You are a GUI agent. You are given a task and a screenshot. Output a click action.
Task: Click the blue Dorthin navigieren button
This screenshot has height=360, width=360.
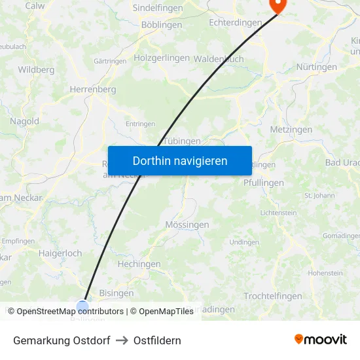tap(180, 160)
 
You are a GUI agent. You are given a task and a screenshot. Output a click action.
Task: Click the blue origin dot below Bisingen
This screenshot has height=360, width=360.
tap(82, 306)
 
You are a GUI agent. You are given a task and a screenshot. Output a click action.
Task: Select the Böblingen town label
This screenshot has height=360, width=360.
tap(162, 25)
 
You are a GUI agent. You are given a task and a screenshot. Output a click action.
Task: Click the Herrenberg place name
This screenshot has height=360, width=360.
tap(92, 89)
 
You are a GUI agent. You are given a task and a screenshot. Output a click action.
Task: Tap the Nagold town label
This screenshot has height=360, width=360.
tap(24, 121)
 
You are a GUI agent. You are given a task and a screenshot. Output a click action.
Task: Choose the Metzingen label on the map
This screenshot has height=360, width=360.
tap(291, 130)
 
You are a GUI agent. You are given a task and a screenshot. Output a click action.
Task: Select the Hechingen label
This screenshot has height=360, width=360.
tap(139, 264)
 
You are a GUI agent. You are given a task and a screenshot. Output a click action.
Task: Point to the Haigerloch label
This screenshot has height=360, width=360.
tap(60, 253)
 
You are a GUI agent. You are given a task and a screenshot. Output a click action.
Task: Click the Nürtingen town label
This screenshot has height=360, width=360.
tap(317, 67)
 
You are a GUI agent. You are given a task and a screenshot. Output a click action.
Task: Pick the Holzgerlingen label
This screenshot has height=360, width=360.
tap(161, 58)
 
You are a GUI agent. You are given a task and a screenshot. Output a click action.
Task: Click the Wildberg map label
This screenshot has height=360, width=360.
tap(36, 69)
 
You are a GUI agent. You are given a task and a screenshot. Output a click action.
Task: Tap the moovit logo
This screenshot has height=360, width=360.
tap(320, 339)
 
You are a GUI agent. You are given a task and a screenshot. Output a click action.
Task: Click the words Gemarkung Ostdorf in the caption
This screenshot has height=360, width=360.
tap(62, 340)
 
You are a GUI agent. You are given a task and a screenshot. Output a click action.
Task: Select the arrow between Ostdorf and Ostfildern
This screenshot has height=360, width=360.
tap(122, 340)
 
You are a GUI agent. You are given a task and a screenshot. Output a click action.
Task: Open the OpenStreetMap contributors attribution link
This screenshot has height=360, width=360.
tap(70, 312)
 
